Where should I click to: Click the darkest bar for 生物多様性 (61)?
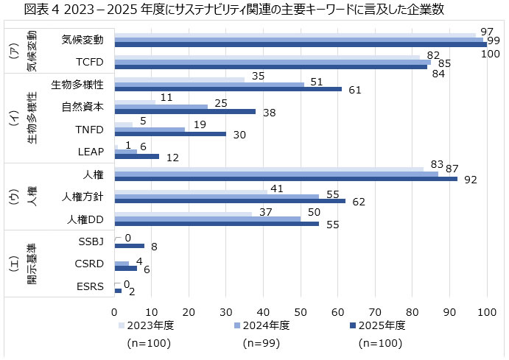click(228, 89)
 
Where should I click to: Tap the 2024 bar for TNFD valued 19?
click(150, 130)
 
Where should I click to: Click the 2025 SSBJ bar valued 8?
click(130, 247)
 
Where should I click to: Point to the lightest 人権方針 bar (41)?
click(192, 191)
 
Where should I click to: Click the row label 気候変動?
click(83, 39)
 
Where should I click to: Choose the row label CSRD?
click(91, 264)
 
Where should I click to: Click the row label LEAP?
click(91, 152)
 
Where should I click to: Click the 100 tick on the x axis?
click(485, 311)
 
